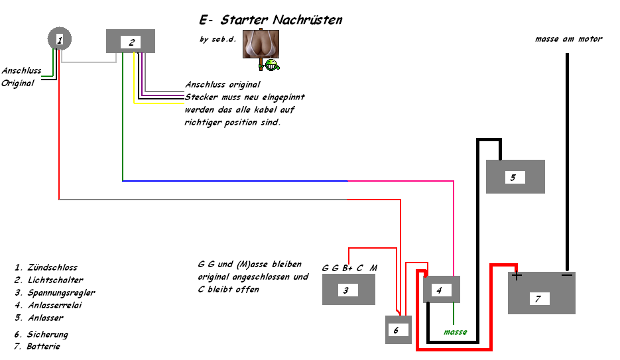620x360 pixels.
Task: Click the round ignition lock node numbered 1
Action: coord(60,40)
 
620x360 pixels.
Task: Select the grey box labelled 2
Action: coord(131,41)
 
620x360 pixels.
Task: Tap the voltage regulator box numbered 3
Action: coord(348,290)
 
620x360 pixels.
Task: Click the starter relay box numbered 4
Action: coord(441,290)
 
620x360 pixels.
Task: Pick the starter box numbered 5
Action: coord(515,176)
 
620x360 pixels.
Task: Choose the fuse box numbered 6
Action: coord(398,330)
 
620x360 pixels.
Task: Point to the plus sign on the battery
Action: coord(517,276)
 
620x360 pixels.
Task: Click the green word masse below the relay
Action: coord(455,331)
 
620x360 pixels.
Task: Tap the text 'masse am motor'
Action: coord(568,39)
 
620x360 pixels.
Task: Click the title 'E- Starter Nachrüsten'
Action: coord(271,20)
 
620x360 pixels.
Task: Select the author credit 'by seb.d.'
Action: coord(217,39)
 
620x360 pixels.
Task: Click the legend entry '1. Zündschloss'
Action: coord(46,268)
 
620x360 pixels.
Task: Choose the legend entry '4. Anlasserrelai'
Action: coord(48,306)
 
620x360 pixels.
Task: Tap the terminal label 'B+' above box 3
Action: coord(347,268)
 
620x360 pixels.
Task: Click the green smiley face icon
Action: coord(272,64)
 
